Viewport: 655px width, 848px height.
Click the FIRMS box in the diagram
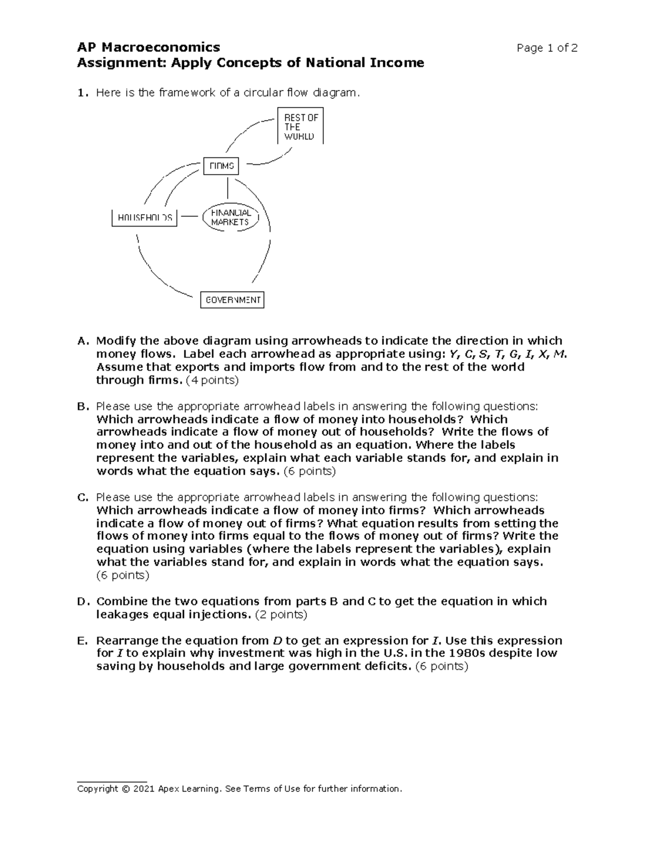(x=221, y=166)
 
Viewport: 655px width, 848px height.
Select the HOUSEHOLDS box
(x=145, y=217)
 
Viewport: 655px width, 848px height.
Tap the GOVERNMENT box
(x=233, y=300)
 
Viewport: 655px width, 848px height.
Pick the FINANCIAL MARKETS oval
(x=230, y=217)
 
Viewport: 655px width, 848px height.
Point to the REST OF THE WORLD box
(x=301, y=126)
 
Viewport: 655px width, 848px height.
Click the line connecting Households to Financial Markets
(x=189, y=216)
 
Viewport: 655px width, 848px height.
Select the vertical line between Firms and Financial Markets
(x=227, y=188)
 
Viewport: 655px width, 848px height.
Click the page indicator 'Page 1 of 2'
(x=547, y=48)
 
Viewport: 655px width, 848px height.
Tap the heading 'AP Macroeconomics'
(x=148, y=48)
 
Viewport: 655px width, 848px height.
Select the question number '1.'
(x=82, y=93)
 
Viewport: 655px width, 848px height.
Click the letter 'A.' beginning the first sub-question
(x=82, y=341)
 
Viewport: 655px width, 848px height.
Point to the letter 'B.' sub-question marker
(x=82, y=407)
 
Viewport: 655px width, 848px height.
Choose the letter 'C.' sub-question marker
(x=82, y=497)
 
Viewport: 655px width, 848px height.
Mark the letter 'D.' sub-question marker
(x=82, y=602)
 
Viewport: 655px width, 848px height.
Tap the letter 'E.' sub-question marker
(x=82, y=641)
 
